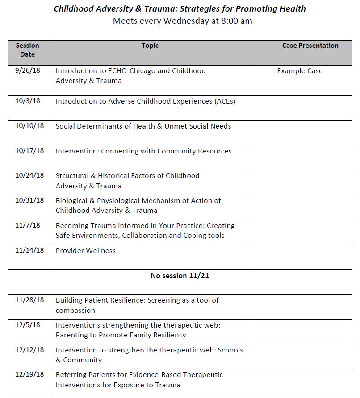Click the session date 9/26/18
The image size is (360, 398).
(x=27, y=71)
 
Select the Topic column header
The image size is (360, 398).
(x=150, y=46)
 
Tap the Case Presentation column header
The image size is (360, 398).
(x=310, y=46)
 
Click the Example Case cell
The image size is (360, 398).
(x=300, y=71)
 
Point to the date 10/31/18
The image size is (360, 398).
(x=29, y=200)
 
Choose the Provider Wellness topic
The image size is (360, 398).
(x=85, y=251)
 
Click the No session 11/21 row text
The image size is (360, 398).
(x=180, y=276)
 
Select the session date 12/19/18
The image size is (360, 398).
(x=29, y=375)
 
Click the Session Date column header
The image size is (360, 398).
(x=27, y=50)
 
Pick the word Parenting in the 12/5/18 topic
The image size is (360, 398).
(x=72, y=335)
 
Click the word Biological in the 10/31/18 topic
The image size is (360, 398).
(x=73, y=201)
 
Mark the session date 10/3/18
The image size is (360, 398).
(x=27, y=101)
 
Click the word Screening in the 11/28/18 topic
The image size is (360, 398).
(x=164, y=300)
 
